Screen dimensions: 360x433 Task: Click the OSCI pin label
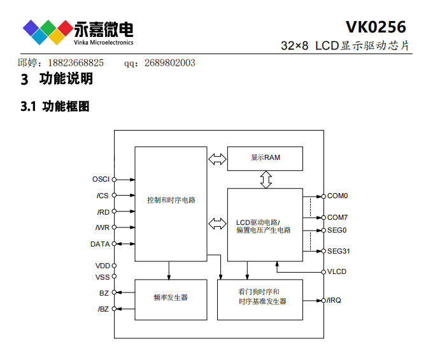tap(101, 179)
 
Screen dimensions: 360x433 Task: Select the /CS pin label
tap(103, 196)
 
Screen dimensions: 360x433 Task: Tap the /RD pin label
tap(103, 212)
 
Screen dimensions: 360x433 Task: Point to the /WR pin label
tap(102, 227)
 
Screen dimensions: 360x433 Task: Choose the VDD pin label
tap(102, 266)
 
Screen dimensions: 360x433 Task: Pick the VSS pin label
tap(102, 277)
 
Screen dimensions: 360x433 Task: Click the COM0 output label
tap(337, 196)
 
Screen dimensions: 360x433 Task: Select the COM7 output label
tap(337, 217)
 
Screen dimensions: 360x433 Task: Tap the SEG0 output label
tap(337, 229)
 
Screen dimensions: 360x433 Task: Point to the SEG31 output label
tap(339, 251)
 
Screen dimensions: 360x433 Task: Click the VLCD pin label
tap(337, 272)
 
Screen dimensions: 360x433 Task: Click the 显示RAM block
tap(266, 157)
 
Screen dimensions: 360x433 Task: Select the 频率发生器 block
tap(171, 298)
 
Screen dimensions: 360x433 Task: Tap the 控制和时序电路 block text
tap(171, 200)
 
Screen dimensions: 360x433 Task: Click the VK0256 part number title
tap(376, 27)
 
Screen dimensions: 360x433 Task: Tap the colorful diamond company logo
tap(48, 31)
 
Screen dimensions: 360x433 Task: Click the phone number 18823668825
tap(75, 62)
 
